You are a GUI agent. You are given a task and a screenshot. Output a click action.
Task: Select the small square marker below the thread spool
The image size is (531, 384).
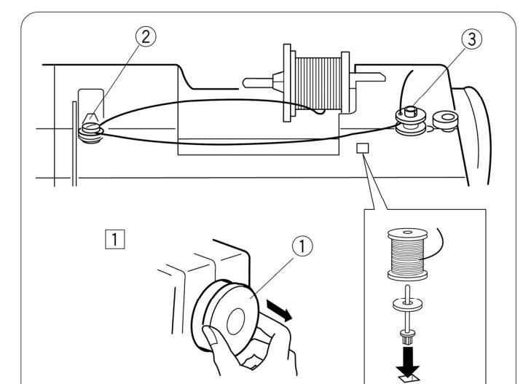coord(363,148)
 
